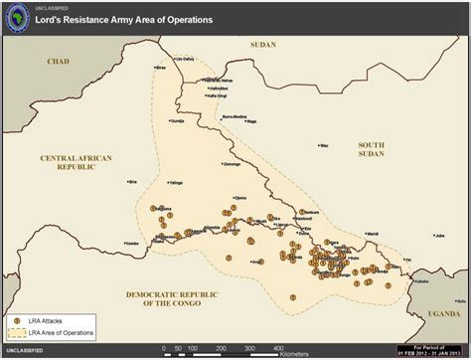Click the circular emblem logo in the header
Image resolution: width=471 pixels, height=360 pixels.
tap(17, 16)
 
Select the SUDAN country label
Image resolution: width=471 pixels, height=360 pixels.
tap(263, 45)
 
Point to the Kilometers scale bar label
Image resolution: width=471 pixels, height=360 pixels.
tap(293, 354)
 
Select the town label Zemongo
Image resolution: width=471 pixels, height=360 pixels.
tap(231, 163)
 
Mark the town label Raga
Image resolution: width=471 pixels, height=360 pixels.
tap(251, 121)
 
